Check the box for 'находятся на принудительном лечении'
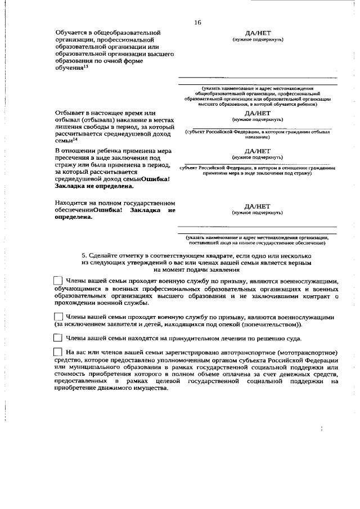pyautogui.click(x=57, y=339)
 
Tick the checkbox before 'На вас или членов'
pyautogui.click(x=57, y=352)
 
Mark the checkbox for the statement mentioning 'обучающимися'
pyautogui.click(x=57, y=281)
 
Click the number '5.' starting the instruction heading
pyautogui.click(x=84, y=255)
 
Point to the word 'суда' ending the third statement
pyautogui.click(x=294, y=339)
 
